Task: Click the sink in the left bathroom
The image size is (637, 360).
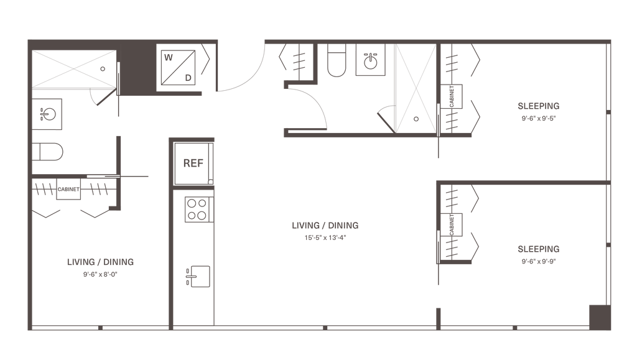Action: click(47, 114)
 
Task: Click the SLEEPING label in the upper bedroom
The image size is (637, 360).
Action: click(539, 105)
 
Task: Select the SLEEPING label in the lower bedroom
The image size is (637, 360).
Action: click(539, 249)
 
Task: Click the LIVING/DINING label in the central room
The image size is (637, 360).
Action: click(325, 226)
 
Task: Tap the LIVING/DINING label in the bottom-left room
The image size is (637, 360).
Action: click(100, 262)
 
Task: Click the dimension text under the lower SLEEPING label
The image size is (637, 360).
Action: click(539, 262)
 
